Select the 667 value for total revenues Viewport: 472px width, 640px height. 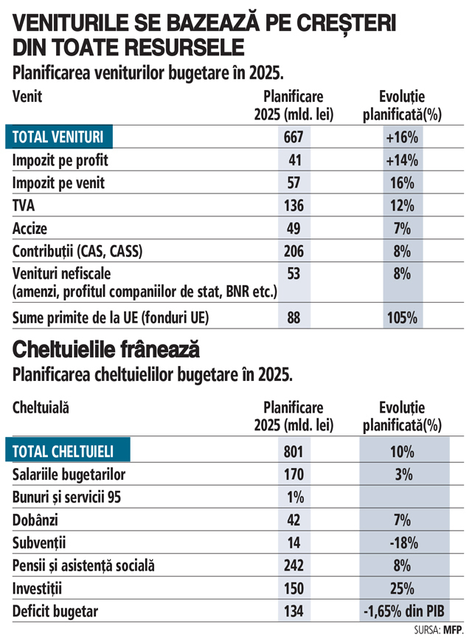click(x=294, y=137)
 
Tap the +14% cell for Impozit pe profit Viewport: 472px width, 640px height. click(x=402, y=160)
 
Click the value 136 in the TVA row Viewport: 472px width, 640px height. click(x=294, y=205)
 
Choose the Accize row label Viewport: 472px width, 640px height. click(x=30, y=228)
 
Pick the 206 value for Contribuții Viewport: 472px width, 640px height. click(x=294, y=251)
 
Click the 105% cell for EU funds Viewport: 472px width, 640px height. click(x=402, y=319)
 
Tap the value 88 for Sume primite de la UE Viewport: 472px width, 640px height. click(x=294, y=319)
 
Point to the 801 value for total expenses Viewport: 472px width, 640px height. click(x=294, y=452)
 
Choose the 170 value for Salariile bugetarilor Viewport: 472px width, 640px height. click(x=294, y=475)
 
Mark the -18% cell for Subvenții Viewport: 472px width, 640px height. click(x=402, y=543)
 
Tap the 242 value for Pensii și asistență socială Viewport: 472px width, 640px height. click(x=294, y=566)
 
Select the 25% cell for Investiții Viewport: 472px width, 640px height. click(x=402, y=589)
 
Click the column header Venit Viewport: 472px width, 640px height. click(x=28, y=97)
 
